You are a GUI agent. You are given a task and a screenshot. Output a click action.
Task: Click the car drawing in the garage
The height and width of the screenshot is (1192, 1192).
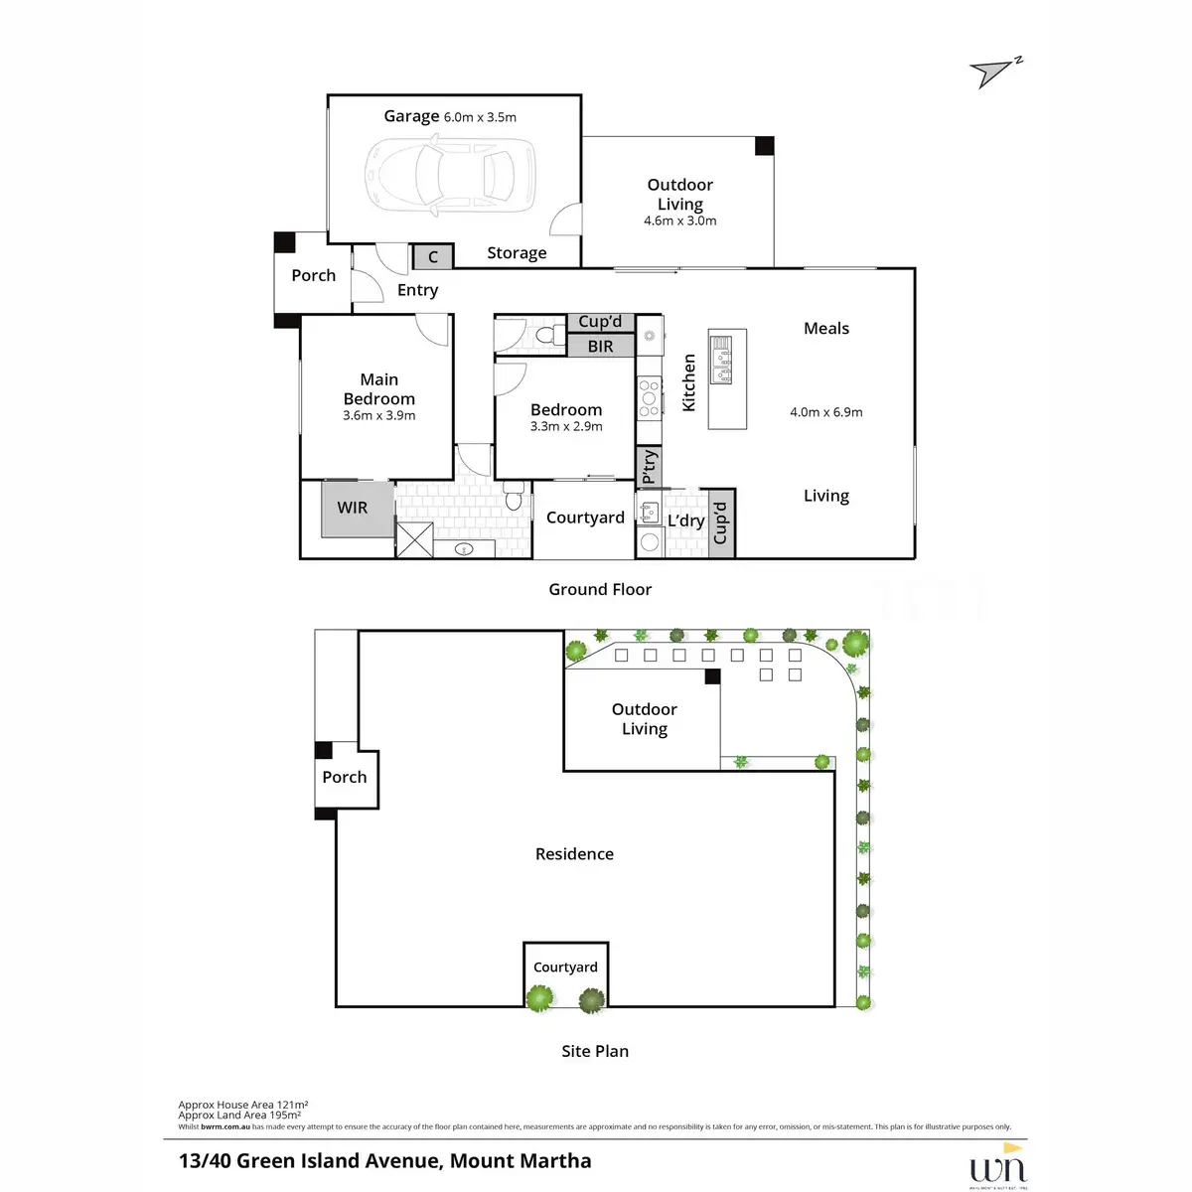point(450,175)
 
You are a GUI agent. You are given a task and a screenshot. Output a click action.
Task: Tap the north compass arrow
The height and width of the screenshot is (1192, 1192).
point(993,73)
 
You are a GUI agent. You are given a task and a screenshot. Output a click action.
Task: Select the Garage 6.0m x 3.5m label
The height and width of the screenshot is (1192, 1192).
point(450,116)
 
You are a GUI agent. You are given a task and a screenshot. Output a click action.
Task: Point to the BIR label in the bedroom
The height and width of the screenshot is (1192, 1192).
point(600,346)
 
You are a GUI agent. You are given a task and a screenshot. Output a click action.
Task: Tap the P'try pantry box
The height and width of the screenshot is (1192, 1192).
point(649,465)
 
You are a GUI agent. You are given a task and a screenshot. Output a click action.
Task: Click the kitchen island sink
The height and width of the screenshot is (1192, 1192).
point(721,360)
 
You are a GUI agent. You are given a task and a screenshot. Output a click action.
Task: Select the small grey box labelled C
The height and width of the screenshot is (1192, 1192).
point(432,256)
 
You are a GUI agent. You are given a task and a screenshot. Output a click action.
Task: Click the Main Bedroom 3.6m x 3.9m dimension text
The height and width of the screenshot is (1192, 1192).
point(378,415)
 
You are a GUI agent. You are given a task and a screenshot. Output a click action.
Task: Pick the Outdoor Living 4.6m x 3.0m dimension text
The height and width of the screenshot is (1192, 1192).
point(679,221)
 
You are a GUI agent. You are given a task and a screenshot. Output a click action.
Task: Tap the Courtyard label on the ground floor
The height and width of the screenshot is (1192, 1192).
point(585,518)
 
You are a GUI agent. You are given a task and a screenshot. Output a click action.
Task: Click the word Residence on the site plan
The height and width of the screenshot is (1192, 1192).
point(574,853)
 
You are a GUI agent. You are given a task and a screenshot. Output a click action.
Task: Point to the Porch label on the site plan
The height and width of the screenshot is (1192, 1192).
point(344,777)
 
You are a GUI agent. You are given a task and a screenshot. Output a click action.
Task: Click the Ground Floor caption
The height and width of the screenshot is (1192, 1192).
point(600,589)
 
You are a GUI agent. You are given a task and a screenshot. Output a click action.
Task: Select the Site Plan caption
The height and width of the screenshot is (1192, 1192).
point(595,1051)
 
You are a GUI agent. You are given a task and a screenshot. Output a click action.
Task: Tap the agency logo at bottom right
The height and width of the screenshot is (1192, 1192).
point(997,1164)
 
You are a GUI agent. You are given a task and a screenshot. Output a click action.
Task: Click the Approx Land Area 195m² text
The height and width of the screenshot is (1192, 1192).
point(239,1116)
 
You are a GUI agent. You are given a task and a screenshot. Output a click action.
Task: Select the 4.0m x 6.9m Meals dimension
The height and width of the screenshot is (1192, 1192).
point(825,411)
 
